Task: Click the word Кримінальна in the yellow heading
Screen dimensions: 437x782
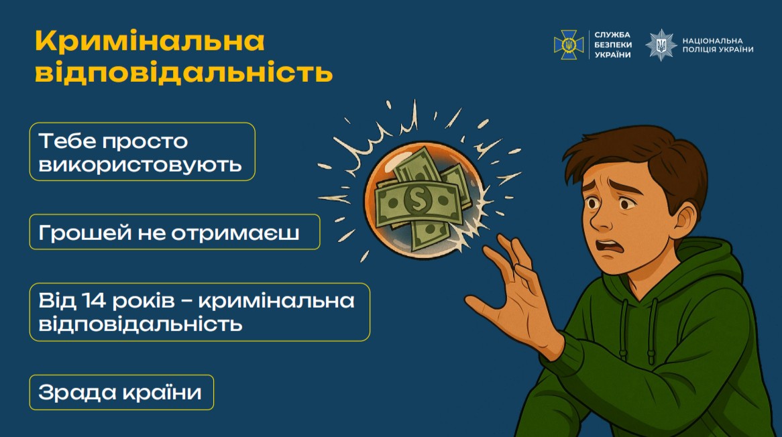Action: point(150,42)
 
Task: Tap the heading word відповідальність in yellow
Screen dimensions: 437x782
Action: point(184,72)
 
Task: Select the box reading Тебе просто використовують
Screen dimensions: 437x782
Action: point(142,151)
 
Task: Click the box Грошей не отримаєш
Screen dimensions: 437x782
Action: point(174,232)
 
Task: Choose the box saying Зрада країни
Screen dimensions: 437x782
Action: point(121,392)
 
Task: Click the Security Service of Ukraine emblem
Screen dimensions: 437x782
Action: point(568,45)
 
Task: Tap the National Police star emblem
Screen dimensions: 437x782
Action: point(661,45)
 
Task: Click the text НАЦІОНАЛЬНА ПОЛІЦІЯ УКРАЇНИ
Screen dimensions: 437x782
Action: point(717,45)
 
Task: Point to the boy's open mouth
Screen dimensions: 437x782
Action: point(608,245)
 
